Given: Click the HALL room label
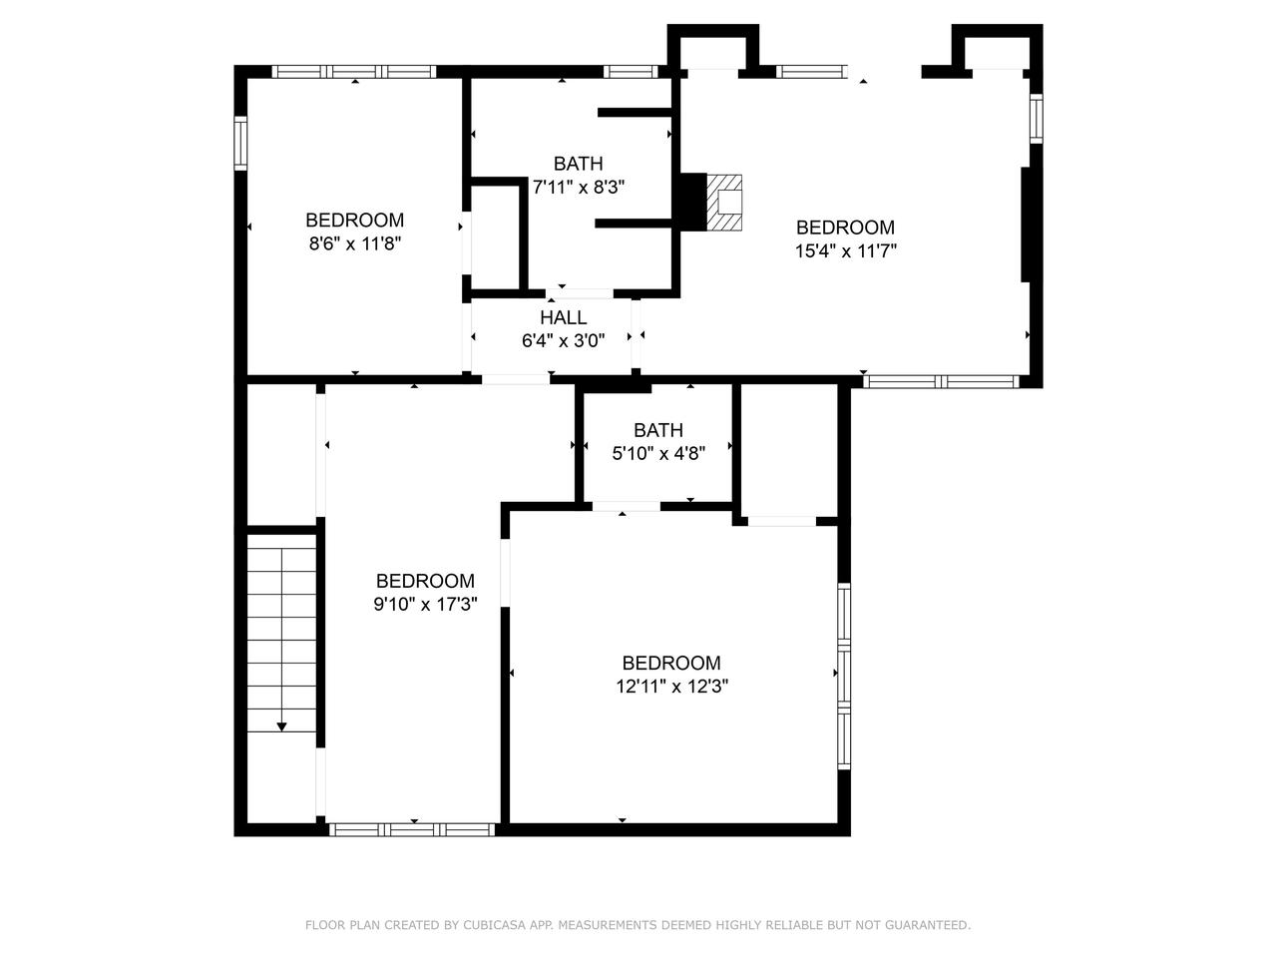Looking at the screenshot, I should click(563, 317).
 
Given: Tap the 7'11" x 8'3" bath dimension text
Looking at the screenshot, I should click(579, 187).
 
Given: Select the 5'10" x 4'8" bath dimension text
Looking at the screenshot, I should click(658, 453).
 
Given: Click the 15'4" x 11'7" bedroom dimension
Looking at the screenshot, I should click(845, 251).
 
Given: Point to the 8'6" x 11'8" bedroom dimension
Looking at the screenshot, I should click(354, 243).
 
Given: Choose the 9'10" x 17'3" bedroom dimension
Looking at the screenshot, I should click(425, 604).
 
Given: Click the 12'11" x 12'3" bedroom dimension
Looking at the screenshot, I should click(670, 687).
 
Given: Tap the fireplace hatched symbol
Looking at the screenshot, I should click(725, 204).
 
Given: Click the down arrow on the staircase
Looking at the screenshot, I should click(281, 726).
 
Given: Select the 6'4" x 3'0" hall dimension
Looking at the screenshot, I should click(563, 340).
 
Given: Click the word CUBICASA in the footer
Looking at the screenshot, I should click(494, 925).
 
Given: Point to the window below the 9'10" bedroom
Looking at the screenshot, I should click(412, 828).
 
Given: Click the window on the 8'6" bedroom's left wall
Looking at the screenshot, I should click(240, 141).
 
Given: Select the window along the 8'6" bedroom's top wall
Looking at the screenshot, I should click(354, 71).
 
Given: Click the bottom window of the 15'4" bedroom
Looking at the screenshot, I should click(941, 380).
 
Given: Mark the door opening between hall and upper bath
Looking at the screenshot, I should click(579, 293).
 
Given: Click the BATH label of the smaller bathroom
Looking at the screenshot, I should click(658, 430).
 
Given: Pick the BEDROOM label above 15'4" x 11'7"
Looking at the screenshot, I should click(845, 228).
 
